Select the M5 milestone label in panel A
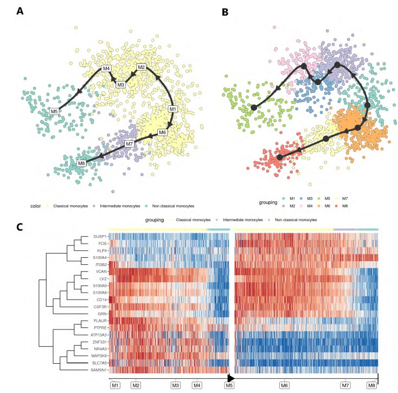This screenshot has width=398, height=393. pos(54,111)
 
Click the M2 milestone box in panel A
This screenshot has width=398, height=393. pos(142,67)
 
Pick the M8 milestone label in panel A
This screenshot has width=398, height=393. pos(81,163)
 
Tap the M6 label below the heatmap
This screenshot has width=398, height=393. pos(284,385)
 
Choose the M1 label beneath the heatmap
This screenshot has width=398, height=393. pos(115,385)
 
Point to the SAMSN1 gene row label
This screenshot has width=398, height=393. pos(98,370)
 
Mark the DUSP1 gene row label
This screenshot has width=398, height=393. pos(99,236)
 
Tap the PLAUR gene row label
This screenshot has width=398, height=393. pos(99,320)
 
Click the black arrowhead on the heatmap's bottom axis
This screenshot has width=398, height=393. pos(230,377)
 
